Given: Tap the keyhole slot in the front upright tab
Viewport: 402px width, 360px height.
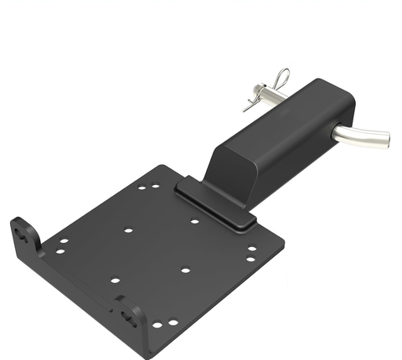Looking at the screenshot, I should (131, 313).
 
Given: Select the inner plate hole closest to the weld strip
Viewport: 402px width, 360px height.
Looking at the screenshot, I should (194, 223).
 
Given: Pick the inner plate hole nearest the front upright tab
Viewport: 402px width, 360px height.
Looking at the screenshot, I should (115, 280).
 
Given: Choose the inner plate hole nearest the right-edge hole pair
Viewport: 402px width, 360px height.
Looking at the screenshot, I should (185, 270).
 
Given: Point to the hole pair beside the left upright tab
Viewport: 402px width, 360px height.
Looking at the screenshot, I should (61, 246).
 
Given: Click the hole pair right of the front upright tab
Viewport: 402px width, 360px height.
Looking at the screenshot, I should (164, 322).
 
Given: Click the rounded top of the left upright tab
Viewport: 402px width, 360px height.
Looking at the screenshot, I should (20, 222).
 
